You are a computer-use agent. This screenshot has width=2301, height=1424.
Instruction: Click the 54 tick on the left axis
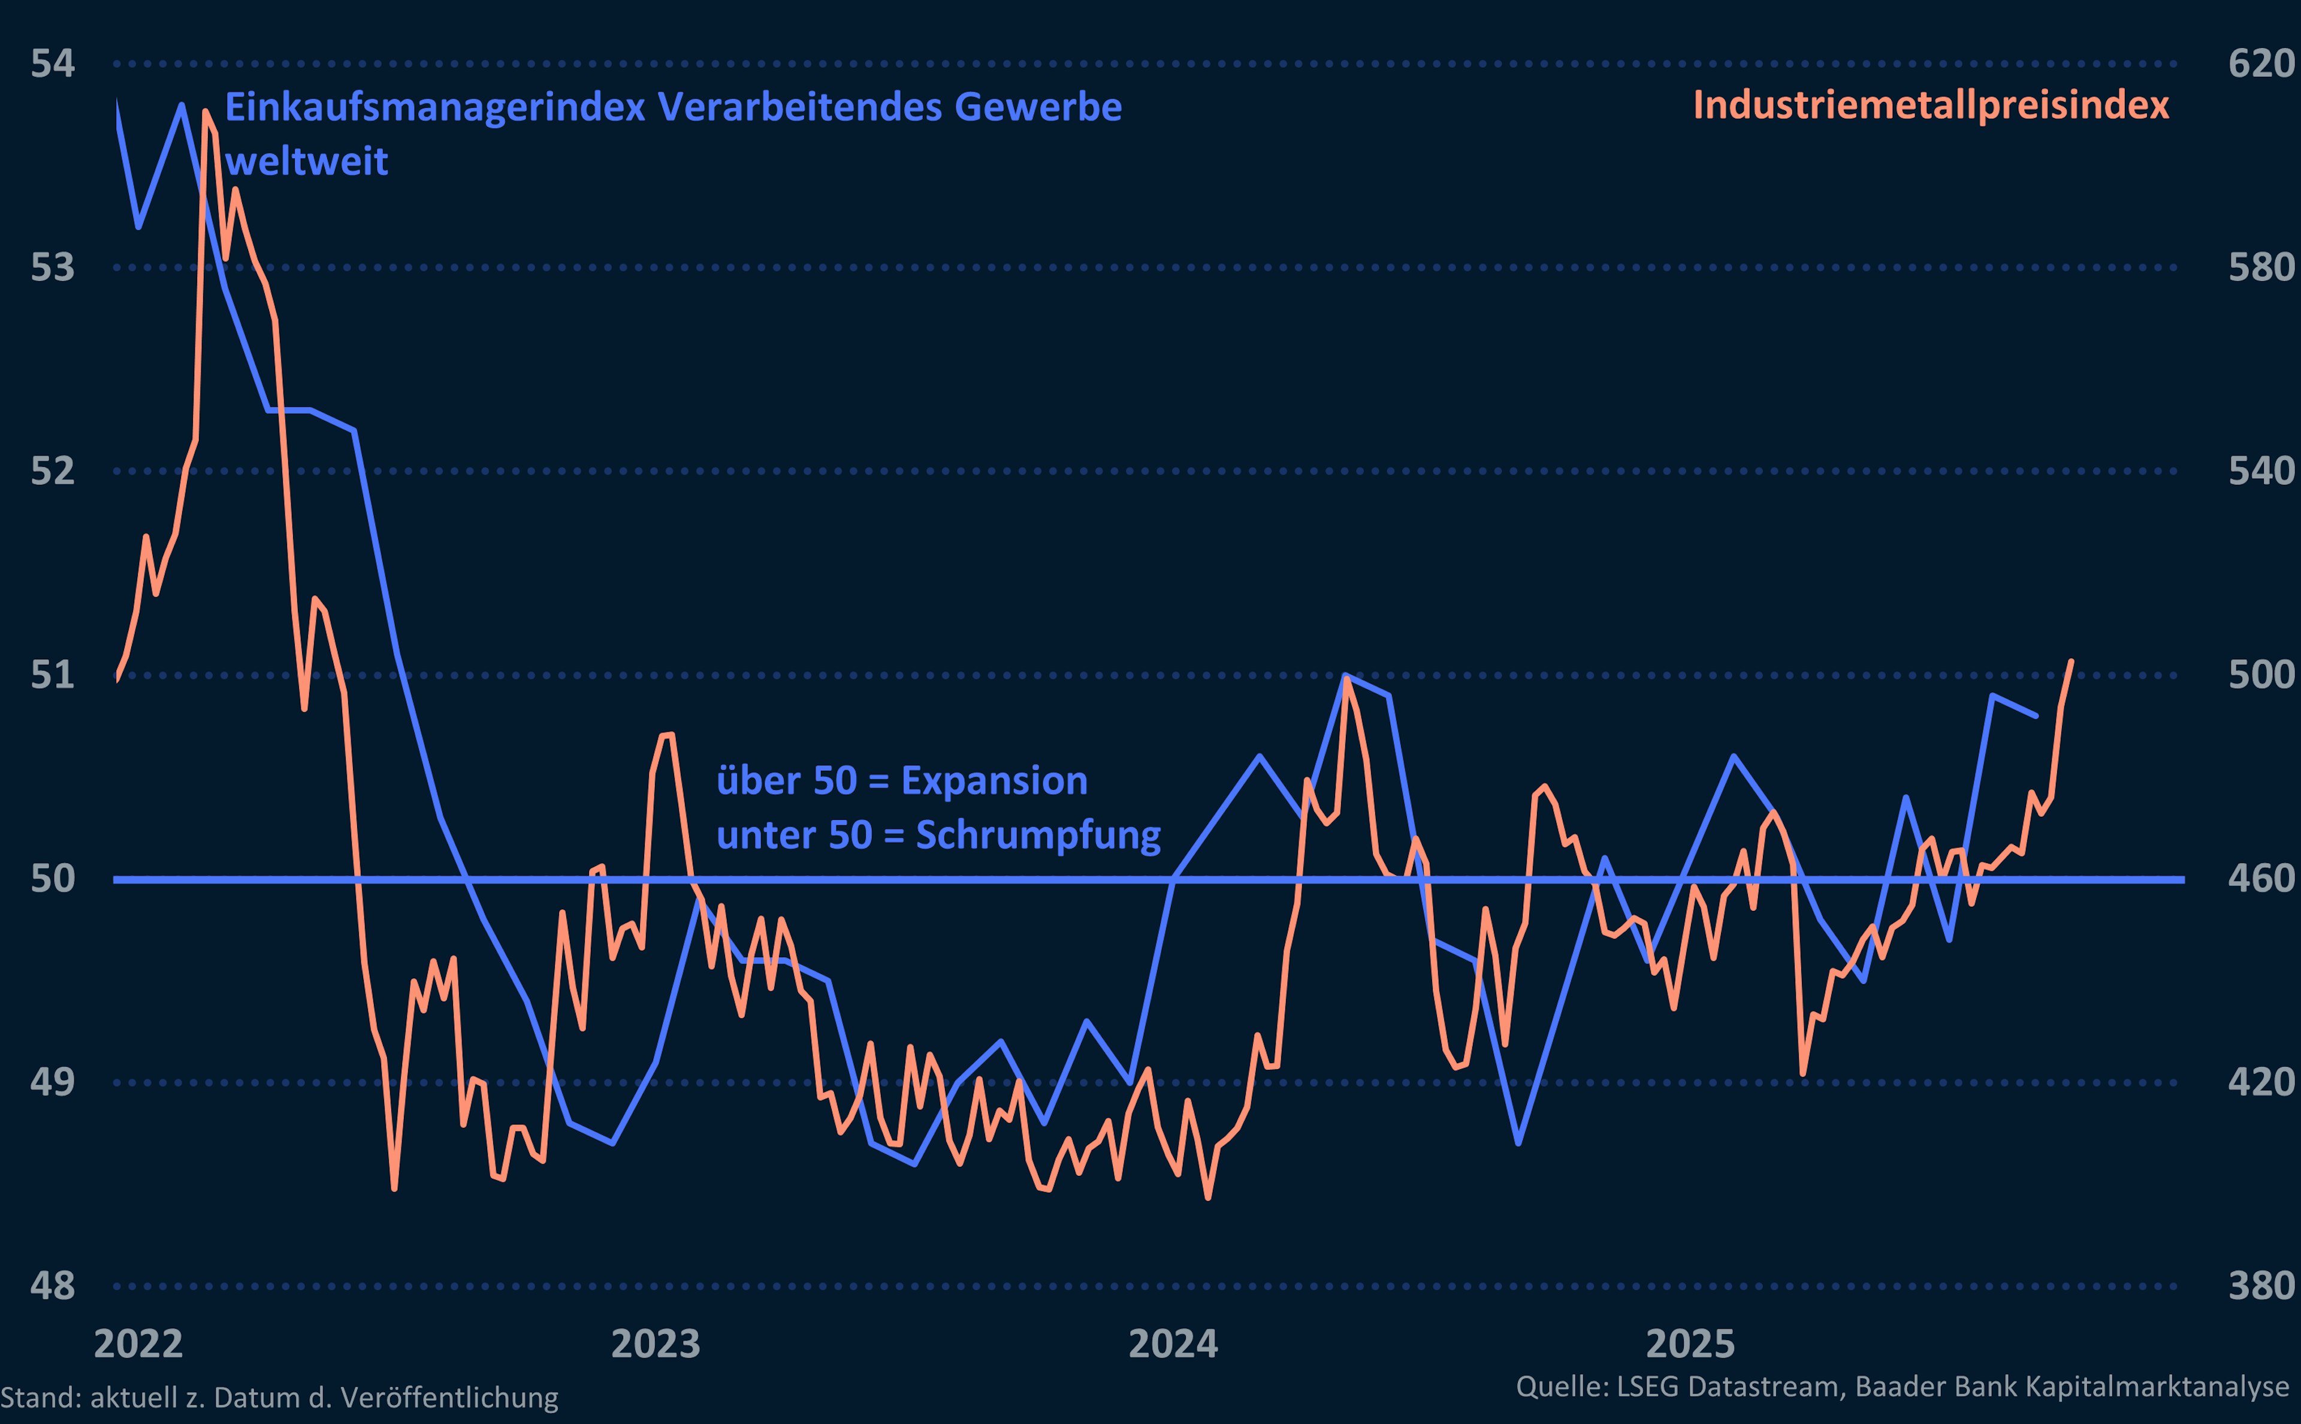point(53,64)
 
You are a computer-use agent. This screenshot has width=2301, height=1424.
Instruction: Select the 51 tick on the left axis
point(53,675)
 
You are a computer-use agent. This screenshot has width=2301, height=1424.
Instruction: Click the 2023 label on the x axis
point(656,1344)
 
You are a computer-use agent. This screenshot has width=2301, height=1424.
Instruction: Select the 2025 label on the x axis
point(1690,1344)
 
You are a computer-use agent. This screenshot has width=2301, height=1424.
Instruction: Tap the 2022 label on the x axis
point(138,1344)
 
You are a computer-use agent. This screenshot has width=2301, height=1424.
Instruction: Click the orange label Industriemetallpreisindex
point(1930,105)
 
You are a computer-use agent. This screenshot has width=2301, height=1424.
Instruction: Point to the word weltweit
point(306,162)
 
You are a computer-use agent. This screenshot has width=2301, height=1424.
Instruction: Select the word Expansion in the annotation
point(994,781)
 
